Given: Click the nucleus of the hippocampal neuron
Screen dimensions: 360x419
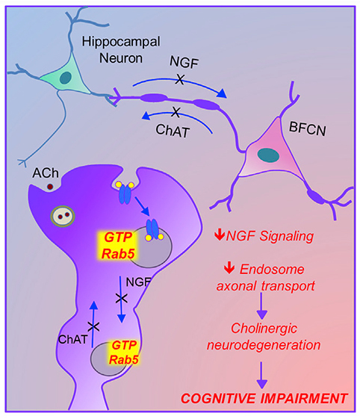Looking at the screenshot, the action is coord(66,78).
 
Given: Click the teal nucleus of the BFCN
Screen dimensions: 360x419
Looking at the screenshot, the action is coord(268,155).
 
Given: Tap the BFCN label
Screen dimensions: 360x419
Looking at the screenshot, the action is coord(308,128).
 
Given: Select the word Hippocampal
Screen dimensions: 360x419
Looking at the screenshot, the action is coord(121,41).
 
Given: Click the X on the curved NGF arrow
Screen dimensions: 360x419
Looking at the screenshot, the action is coord(180,79).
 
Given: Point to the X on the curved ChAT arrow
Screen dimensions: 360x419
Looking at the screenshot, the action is coord(176,112).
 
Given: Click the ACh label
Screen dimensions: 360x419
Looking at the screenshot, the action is coord(46,173).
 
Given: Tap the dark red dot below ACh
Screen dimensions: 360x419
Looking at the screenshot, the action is coord(50,187).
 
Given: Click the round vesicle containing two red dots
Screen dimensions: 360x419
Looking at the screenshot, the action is coord(63,216).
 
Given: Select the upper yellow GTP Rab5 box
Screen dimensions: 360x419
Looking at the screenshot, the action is coord(117,246).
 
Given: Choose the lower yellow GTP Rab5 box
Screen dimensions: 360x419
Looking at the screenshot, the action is coord(124,353).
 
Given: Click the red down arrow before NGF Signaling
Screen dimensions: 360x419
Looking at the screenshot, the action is coord(219,235).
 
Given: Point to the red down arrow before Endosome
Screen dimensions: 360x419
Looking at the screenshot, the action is coord(229,268).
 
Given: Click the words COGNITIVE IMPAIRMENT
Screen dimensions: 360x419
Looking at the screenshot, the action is coord(264,398).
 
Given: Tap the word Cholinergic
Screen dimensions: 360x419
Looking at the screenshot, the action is coord(264,328).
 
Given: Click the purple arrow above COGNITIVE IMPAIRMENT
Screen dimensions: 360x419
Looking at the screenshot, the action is coord(262,375).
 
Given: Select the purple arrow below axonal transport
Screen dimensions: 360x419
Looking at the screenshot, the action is coord(262,305).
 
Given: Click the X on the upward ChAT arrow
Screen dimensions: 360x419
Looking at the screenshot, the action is coord(94,326).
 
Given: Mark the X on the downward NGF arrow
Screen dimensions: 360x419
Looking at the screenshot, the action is coord(121,299).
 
